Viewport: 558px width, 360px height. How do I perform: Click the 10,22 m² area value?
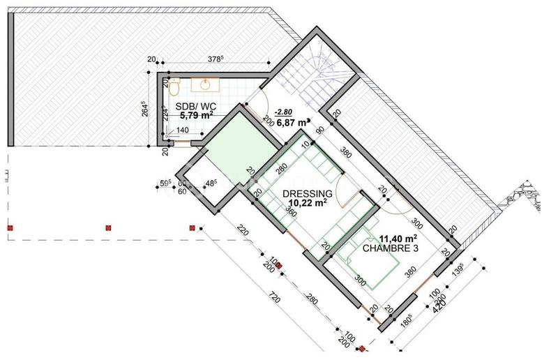tap(307, 204)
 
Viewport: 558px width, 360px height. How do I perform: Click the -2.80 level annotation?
tap(285, 112)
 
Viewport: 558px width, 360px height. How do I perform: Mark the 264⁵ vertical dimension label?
tap(146, 112)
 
